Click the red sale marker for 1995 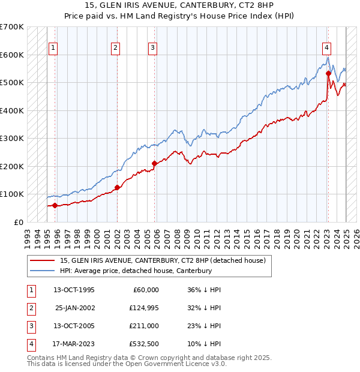tap(55, 205)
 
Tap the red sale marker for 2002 tap(117, 187)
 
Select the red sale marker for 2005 tap(154, 163)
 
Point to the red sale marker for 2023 tap(328, 74)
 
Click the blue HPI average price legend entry tap(136, 271)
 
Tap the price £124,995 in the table tap(143, 308)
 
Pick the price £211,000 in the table tap(143, 326)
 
